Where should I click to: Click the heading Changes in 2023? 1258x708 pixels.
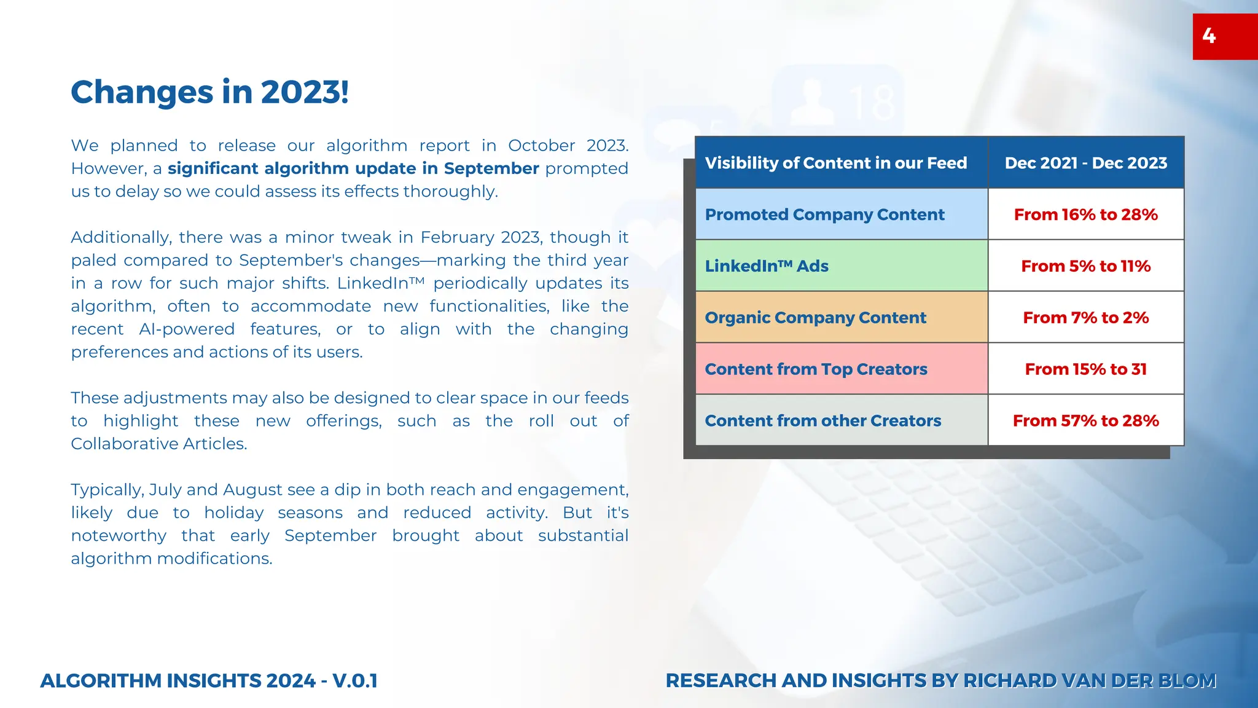pyautogui.click(x=209, y=92)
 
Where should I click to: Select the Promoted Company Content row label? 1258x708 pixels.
pyautogui.click(x=824, y=214)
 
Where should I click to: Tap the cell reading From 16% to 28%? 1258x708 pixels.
pyautogui.click(x=1085, y=214)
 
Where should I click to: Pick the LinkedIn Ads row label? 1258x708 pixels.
pyautogui.click(x=767, y=266)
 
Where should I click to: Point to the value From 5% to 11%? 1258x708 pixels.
pyautogui.click(x=1085, y=266)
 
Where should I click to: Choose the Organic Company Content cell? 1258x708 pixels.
pyautogui.click(x=815, y=318)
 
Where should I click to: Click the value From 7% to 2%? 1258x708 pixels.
pyautogui.click(x=1085, y=318)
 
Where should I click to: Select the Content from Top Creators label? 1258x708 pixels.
pyautogui.click(x=816, y=369)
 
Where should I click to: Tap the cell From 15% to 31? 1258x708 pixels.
pyautogui.click(x=1085, y=369)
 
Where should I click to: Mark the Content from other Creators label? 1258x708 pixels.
pyautogui.click(x=822, y=421)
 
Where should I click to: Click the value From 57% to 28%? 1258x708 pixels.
pyautogui.click(x=1085, y=421)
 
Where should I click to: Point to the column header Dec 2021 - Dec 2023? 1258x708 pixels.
pyautogui.click(x=1085, y=163)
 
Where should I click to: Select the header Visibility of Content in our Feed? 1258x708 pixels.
pyautogui.click(x=835, y=163)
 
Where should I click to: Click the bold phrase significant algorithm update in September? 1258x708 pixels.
pyautogui.click(x=353, y=168)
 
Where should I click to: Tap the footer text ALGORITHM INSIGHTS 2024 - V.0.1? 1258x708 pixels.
pyautogui.click(x=209, y=681)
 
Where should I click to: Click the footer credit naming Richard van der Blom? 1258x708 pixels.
pyautogui.click(x=940, y=681)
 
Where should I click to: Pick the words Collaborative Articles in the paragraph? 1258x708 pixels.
pyautogui.click(x=158, y=444)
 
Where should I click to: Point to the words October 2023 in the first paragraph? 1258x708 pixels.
pyautogui.click(x=568, y=146)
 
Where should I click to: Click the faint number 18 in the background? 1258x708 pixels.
pyautogui.click(x=872, y=103)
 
